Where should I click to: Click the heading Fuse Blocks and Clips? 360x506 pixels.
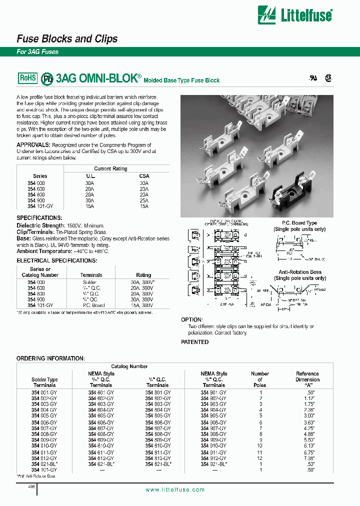67,38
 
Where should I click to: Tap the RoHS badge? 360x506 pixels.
28,77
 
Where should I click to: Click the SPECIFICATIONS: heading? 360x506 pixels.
39,218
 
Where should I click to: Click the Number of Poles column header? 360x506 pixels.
259,379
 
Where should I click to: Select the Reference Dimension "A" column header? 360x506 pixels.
307,379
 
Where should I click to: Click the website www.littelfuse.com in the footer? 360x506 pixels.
175,489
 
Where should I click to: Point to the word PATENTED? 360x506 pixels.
194,342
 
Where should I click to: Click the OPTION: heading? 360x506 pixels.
191,319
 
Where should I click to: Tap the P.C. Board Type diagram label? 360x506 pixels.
299,223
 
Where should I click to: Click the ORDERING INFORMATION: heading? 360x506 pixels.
50,358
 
